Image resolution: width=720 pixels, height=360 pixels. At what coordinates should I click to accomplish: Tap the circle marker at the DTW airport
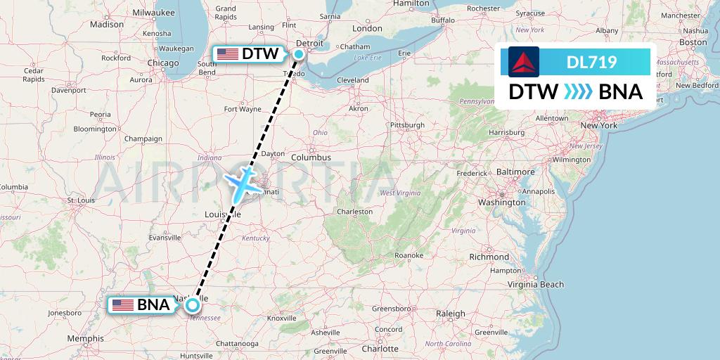point(299,53)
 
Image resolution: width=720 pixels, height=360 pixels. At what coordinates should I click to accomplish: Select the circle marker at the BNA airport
point(192,304)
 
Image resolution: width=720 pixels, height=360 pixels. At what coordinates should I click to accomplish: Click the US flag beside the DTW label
point(228,53)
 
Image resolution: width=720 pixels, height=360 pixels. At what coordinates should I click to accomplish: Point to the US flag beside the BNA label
point(123,304)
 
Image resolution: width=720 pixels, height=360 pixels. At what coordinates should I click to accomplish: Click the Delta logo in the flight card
point(523,62)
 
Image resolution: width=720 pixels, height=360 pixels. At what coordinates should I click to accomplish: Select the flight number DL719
point(591,63)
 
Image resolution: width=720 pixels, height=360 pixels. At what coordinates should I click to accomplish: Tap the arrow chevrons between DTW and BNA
point(578,91)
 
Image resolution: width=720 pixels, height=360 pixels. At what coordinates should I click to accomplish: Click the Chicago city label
point(163,63)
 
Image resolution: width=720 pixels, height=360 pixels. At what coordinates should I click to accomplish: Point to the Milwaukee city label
point(153,12)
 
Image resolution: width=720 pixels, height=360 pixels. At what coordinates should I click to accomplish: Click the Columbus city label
point(311,157)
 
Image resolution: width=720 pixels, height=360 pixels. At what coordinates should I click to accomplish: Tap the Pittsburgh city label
point(408,125)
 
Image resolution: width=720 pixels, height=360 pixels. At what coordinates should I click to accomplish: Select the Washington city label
point(502,202)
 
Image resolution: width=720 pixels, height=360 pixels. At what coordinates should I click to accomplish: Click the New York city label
point(598,125)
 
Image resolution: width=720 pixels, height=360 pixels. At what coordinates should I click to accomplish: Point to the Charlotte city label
point(380,349)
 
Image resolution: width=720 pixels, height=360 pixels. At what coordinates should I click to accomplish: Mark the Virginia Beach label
point(537,284)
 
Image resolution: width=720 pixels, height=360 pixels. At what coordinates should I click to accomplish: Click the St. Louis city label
point(81,200)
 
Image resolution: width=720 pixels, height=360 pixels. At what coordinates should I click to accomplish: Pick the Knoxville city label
point(283,318)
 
